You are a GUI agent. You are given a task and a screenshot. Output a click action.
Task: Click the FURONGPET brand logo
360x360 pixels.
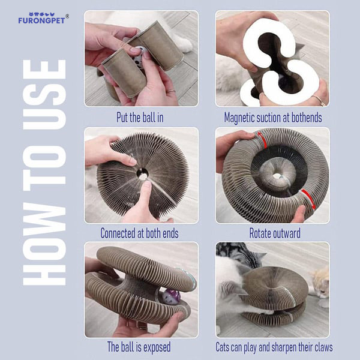(x=42, y=19)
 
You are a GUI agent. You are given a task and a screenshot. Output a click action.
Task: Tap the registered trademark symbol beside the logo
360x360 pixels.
(x=67, y=16)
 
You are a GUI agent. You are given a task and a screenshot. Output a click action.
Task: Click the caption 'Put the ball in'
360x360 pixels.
(x=140, y=118)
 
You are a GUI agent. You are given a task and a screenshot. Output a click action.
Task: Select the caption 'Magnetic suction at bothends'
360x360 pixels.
(x=273, y=118)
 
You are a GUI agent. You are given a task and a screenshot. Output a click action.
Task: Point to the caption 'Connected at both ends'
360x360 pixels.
(x=139, y=233)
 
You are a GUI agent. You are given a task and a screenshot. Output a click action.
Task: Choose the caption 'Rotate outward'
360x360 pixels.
(x=275, y=233)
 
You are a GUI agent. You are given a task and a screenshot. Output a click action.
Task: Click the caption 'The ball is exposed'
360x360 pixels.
(x=139, y=347)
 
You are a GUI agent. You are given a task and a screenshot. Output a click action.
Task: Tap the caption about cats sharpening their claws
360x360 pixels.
(x=274, y=347)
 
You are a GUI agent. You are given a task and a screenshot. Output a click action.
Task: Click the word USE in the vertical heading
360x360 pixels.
(x=44, y=94)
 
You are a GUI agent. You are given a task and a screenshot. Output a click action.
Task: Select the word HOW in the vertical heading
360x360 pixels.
(x=44, y=245)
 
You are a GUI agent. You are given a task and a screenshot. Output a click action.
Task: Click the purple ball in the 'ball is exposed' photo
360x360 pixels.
(x=170, y=296)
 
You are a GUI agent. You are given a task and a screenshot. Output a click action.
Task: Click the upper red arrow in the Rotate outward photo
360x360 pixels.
(x=262, y=140)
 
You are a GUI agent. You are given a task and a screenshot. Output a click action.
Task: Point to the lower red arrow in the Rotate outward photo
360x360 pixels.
(x=308, y=199)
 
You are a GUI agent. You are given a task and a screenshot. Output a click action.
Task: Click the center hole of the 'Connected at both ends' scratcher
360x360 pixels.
(x=143, y=173)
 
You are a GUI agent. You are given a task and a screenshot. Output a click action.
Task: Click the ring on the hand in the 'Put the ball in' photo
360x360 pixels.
(x=170, y=91)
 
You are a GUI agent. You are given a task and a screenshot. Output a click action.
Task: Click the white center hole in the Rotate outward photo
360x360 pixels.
(x=277, y=176)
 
